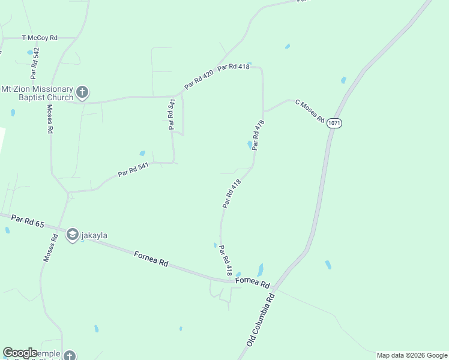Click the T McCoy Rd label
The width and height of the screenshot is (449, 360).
[x=40, y=38]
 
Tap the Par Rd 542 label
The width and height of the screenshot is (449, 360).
[x=35, y=64]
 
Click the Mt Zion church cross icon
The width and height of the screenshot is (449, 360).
[x=83, y=93]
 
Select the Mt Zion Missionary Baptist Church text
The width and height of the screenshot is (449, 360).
[x=37, y=93]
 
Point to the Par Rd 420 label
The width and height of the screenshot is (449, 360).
[x=199, y=80]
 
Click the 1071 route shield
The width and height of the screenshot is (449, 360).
[x=334, y=123]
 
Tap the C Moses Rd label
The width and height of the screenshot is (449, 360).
[x=310, y=110]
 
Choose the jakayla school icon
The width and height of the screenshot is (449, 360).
[x=73, y=235]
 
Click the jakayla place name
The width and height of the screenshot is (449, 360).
[x=94, y=235]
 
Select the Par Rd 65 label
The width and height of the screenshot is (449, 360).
[x=28, y=221]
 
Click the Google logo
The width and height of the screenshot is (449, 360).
[x=20, y=353]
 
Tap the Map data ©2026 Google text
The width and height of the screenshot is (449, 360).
[x=412, y=355]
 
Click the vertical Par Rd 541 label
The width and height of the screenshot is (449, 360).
[x=172, y=114]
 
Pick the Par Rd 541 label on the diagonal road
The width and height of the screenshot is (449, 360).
[x=133, y=170]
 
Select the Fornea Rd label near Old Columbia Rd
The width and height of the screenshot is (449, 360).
[x=253, y=282]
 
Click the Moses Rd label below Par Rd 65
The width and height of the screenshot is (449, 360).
[x=50, y=247]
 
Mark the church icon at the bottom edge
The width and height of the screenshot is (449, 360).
[x=70, y=355]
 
